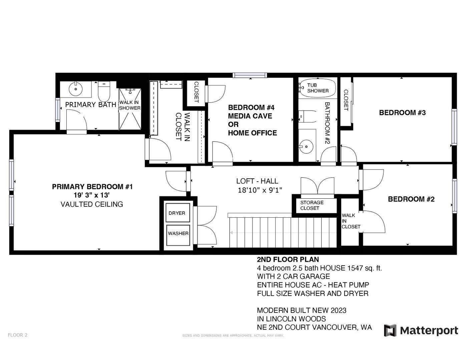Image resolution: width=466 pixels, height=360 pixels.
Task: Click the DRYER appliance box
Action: click(177, 213)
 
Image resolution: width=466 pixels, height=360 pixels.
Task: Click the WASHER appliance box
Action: click(178, 235)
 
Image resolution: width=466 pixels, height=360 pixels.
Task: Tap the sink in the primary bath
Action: click(75, 89)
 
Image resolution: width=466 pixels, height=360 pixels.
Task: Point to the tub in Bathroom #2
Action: click(317, 88)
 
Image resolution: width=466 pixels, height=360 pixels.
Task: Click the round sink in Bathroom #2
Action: click(306, 147)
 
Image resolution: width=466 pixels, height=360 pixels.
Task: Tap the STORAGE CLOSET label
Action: click(312, 205)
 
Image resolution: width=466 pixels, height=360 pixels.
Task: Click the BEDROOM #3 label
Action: click(402, 113)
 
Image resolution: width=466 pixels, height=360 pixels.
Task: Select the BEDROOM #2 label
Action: click(411, 199)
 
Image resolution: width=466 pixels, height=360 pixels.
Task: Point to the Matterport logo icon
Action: click(390, 330)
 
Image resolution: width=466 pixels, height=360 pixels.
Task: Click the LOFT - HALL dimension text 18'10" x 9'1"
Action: click(260, 190)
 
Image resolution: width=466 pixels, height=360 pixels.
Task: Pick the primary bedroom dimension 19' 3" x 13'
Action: click(92, 195)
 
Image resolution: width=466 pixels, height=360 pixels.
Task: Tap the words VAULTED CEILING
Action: click(92, 204)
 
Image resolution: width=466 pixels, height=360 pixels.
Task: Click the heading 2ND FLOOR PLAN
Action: click(288, 259)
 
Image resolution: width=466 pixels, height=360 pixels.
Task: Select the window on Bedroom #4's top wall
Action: click(250, 75)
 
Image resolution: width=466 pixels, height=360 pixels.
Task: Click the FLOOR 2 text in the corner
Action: click(18, 335)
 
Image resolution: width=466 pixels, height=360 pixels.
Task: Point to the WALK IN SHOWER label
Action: click(130, 105)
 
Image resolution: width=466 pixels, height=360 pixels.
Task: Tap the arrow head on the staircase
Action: click(231, 233)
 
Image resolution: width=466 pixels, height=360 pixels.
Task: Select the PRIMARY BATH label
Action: click(90, 105)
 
